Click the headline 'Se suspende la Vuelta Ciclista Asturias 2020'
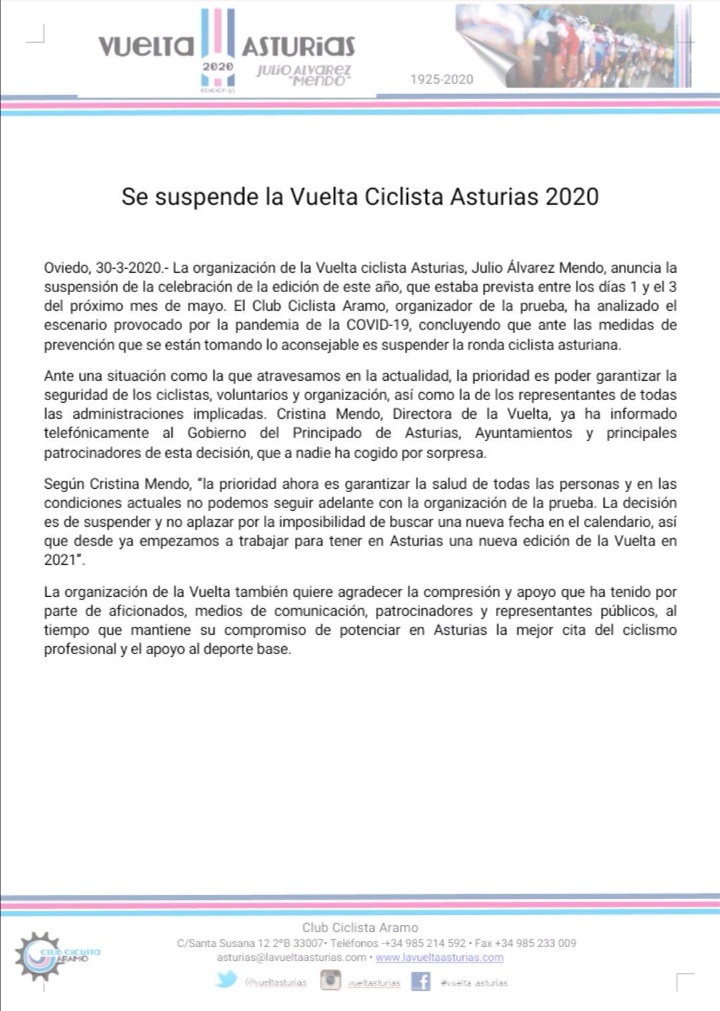[360, 197]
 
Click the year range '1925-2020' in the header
[441, 79]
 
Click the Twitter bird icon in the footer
[225, 980]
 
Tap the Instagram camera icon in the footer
[330, 981]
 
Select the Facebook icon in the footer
[420, 982]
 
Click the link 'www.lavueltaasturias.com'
[439, 958]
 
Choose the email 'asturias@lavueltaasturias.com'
[291, 958]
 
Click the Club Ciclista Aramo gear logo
[40, 956]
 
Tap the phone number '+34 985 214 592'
[425, 943]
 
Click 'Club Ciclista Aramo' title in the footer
[360, 928]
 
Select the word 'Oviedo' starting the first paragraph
[66, 268]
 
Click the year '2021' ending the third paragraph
[60, 560]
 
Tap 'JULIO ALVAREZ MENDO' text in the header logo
[304, 75]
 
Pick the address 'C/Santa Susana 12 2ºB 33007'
[250, 943]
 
